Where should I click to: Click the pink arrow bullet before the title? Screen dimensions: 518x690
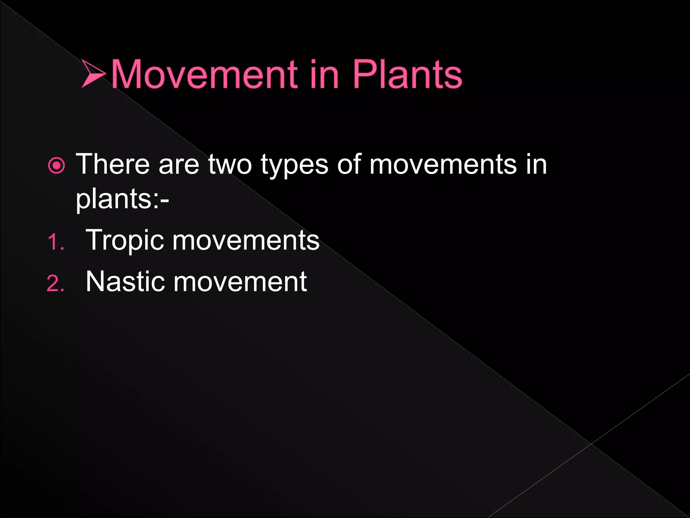(x=93, y=74)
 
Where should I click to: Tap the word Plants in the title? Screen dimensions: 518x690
(x=407, y=74)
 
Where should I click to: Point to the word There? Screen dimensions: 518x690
(x=113, y=164)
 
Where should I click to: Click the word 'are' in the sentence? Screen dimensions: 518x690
(x=179, y=165)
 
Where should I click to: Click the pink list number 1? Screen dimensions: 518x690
(x=55, y=242)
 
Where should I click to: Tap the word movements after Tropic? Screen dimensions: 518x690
(x=246, y=240)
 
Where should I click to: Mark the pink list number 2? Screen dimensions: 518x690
(x=55, y=283)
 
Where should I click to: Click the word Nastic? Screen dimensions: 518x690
(x=125, y=282)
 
